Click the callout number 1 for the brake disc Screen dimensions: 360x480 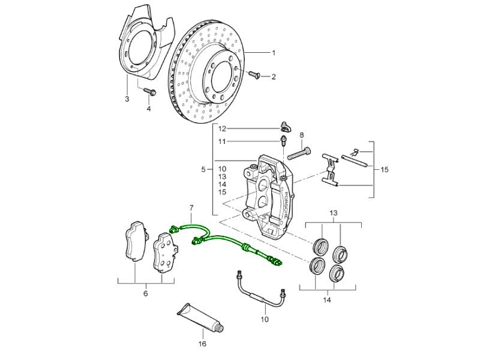[274, 53]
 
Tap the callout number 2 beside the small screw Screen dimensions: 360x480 [274, 77]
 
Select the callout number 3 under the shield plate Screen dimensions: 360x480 [127, 99]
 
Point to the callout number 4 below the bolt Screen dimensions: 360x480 [149, 109]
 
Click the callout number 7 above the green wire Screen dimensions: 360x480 [191, 208]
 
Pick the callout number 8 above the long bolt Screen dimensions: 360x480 [302, 135]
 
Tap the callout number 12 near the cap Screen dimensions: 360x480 [221, 129]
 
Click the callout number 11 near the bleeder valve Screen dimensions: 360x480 [221, 142]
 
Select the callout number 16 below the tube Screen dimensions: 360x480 [202, 344]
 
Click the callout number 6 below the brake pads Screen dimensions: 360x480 [145, 293]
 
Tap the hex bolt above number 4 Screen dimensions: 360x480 [149, 92]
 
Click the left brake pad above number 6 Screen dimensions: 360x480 [136, 242]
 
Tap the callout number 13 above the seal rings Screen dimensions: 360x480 [334, 213]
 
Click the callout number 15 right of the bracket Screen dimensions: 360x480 [385, 170]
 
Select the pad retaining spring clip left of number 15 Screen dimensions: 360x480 [330, 170]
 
